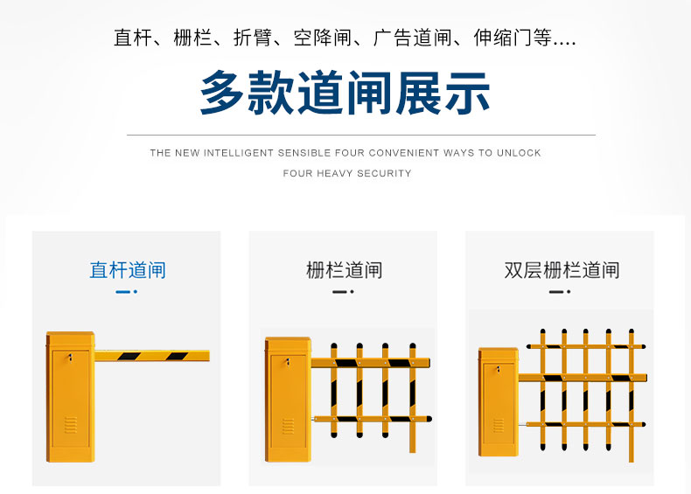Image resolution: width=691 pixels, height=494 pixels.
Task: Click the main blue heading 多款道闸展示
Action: [x=345, y=93]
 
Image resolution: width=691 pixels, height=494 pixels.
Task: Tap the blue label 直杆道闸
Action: [x=128, y=270]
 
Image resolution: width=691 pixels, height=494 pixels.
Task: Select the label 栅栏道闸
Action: [x=344, y=270]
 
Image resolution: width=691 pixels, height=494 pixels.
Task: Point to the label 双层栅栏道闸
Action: [x=562, y=270]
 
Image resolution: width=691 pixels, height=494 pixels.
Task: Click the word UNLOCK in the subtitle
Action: [x=519, y=153]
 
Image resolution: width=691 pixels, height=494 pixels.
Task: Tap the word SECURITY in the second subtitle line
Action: [x=384, y=173]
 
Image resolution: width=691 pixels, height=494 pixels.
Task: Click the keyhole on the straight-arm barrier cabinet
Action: [x=70, y=357]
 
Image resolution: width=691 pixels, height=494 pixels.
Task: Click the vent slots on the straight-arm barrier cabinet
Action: [x=71, y=425]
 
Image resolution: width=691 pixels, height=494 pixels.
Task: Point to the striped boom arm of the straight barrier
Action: [x=152, y=356]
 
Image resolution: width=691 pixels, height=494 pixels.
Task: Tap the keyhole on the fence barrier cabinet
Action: [x=288, y=363]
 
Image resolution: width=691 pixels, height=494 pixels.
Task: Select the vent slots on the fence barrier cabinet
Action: [x=289, y=426]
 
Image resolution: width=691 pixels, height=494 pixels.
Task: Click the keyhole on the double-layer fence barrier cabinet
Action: [x=499, y=369]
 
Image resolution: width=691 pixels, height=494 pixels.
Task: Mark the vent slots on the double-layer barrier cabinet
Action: [x=499, y=425]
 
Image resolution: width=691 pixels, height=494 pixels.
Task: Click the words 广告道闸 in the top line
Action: [x=413, y=38]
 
